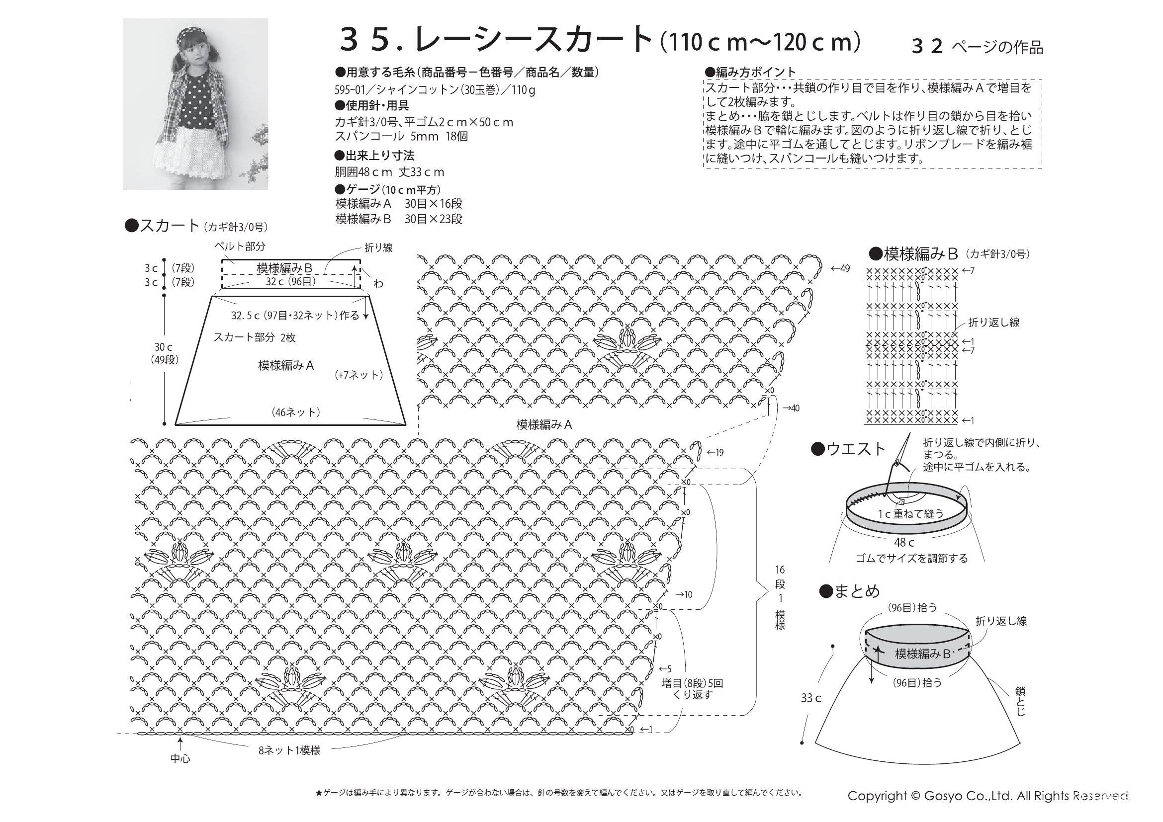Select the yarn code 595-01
[x=352, y=90]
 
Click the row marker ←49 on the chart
[x=840, y=268]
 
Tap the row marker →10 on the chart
[x=684, y=594]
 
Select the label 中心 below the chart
[x=180, y=759]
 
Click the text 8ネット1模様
[x=289, y=750]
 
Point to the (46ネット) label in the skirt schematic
[x=296, y=412]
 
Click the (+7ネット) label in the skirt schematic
[x=358, y=375]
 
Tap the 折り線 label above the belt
[x=378, y=247]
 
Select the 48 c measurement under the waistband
[x=904, y=543]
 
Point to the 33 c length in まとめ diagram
[x=811, y=698]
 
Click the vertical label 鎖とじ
[x=1020, y=701]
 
